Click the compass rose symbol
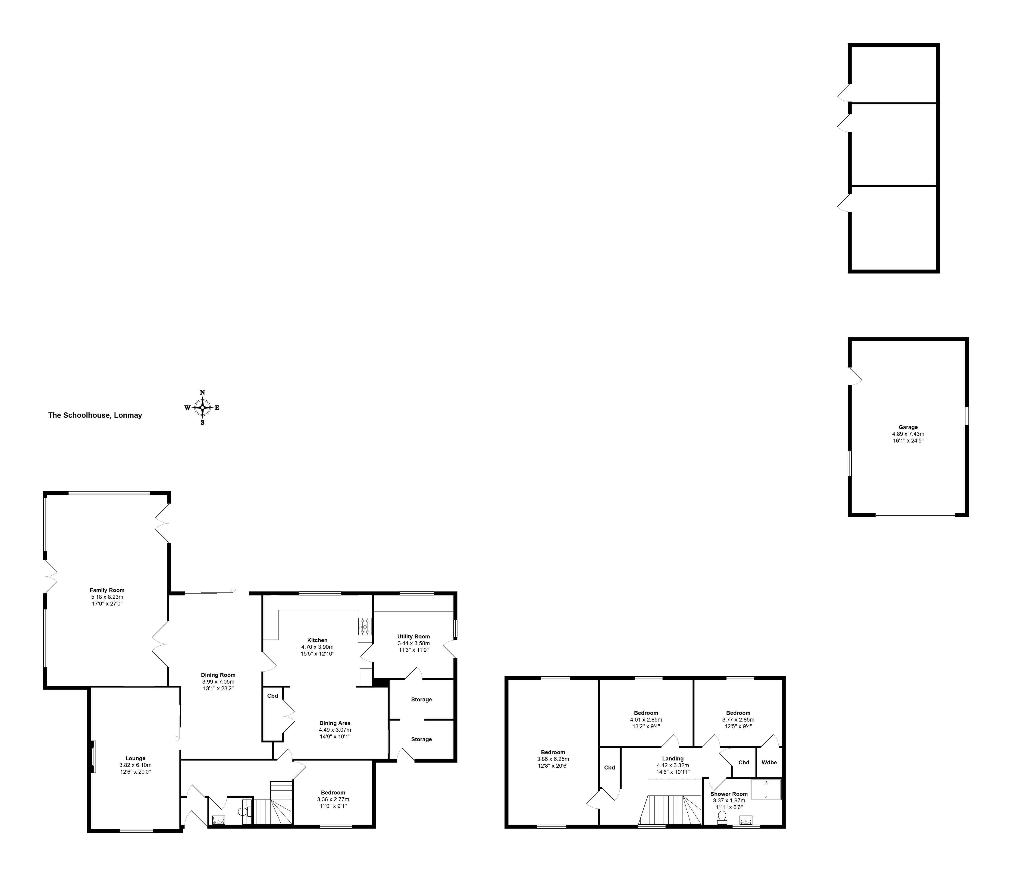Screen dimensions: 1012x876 [x=202, y=407]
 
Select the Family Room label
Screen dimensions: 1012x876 [x=107, y=590]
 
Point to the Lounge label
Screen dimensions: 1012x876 [x=135, y=758]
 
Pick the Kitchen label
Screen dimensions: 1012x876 [x=317, y=640]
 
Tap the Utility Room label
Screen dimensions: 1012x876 [x=414, y=636]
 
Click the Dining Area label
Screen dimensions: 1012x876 [x=335, y=723]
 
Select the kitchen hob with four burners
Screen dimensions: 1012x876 [x=364, y=627]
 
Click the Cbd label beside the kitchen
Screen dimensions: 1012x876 [x=272, y=696]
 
